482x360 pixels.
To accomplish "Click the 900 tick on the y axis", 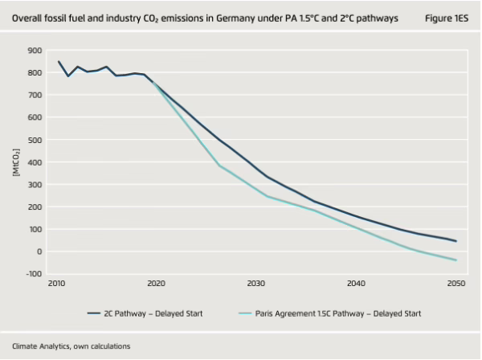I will coord(35,50).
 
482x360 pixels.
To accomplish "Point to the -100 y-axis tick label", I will coord(33,274).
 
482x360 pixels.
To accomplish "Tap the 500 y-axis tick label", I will coord(35,140).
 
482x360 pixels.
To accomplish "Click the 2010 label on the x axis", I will coord(57,284).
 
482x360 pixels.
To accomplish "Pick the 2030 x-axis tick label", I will coord(256,284).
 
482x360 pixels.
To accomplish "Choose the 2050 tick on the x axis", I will coord(456,284).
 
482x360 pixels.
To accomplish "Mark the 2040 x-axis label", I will coord(356,284).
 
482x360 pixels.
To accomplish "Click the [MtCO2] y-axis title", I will coord(14,161).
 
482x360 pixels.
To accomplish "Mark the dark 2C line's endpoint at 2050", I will coord(456,241).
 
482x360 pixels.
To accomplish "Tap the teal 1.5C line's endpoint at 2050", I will coord(456,260).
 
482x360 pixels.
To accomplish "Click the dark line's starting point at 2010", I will coord(59,61).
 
